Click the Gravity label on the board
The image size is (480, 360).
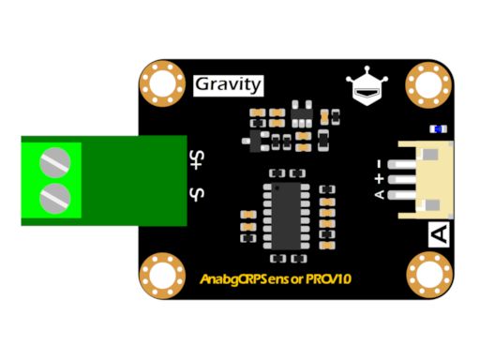coord(227,84)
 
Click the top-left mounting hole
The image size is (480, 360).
coord(162,84)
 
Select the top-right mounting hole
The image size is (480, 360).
coord(428,84)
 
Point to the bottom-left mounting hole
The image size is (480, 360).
coord(162,277)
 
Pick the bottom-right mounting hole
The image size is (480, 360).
coord(428,277)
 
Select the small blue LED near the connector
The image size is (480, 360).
coord(436,128)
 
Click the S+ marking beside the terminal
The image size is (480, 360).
coord(198,159)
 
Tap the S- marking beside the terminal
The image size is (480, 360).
coord(198,195)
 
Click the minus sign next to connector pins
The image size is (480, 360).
coord(379,161)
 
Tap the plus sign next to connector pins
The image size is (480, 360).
coord(379,177)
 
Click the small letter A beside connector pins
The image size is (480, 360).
coord(379,194)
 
